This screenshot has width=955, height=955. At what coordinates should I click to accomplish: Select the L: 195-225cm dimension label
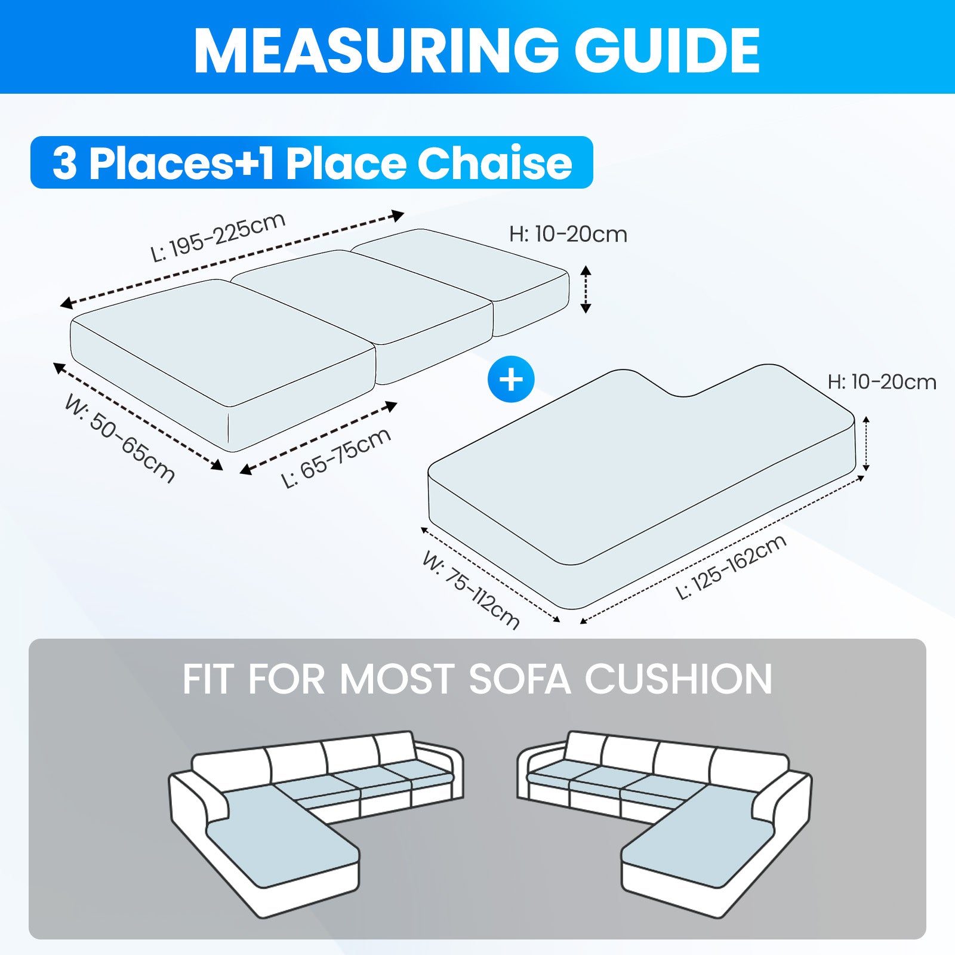(x=218, y=237)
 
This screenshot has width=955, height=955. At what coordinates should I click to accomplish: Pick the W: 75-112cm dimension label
(x=471, y=590)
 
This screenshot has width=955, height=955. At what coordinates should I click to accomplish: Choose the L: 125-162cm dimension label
(x=731, y=567)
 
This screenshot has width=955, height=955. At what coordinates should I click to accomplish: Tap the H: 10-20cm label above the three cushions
(x=568, y=234)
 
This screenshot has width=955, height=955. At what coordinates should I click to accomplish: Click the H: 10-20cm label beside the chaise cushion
(x=882, y=382)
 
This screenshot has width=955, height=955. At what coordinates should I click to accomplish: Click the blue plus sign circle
(x=511, y=379)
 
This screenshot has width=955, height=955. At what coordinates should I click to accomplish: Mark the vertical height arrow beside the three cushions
(x=586, y=289)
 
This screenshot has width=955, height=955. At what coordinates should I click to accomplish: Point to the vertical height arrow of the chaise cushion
(x=866, y=444)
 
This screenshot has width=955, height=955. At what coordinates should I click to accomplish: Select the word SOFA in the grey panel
(x=519, y=679)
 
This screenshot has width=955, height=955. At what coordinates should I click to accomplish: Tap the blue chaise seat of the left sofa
(x=281, y=836)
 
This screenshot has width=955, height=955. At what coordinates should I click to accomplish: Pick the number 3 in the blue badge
(x=64, y=163)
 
